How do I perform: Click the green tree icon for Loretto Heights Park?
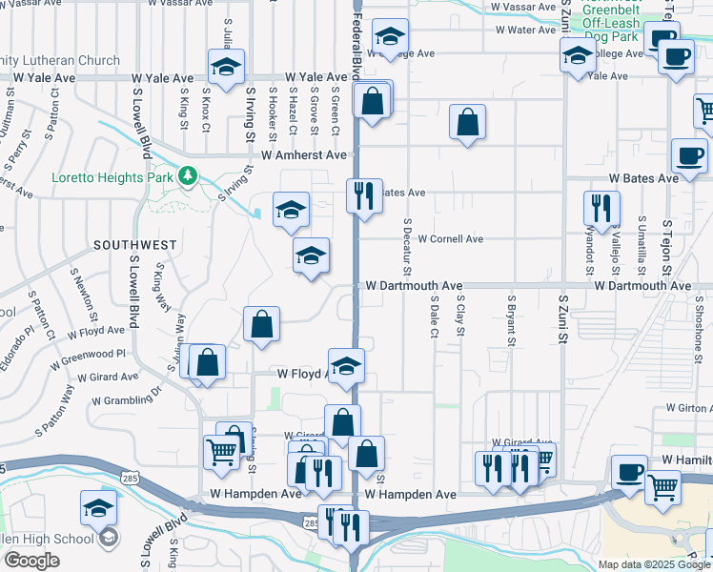point(189,176)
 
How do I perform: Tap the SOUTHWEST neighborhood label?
point(134,245)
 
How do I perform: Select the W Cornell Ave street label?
point(450,238)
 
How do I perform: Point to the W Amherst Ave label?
point(304,154)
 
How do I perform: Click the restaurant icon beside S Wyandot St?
point(601,208)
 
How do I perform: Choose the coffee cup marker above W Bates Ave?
point(688,154)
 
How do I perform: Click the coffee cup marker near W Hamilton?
point(629,472)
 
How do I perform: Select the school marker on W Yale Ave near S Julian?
point(226,68)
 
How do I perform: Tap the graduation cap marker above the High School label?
point(98,509)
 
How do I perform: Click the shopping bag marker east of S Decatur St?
point(467,122)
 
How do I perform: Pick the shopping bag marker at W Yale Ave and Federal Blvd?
point(373,101)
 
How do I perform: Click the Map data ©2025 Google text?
point(654,564)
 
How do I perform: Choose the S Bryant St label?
point(511,321)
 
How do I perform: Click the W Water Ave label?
point(524,30)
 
